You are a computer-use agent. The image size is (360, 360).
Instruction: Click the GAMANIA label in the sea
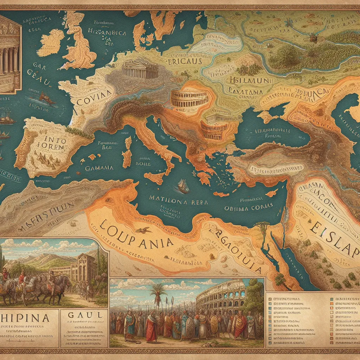(x=99, y=168)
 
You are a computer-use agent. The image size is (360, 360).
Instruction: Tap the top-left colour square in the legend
(x=270, y=299)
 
